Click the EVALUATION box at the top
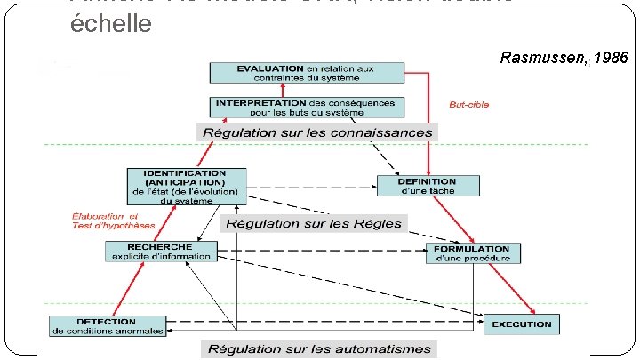pyautogui.click(x=306, y=74)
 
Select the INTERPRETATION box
pyautogui.click(x=306, y=107)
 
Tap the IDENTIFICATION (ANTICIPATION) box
pyautogui.click(x=185, y=186)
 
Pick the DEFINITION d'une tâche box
pyautogui.click(x=428, y=186)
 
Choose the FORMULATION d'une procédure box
pyautogui.click(x=473, y=252)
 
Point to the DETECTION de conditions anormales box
pyautogui.click(x=107, y=326)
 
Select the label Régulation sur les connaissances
pyautogui.click(x=318, y=132)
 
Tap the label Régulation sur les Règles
pyautogui.click(x=314, y=223)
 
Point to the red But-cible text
pyautogui.click(x=468, y=104)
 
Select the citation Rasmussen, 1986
pyautogui.click(x=564, y=59)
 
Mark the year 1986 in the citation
pyautogui.click(x=610, y=59)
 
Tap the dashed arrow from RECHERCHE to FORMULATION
pyautogui.click(x=320, y=252)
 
